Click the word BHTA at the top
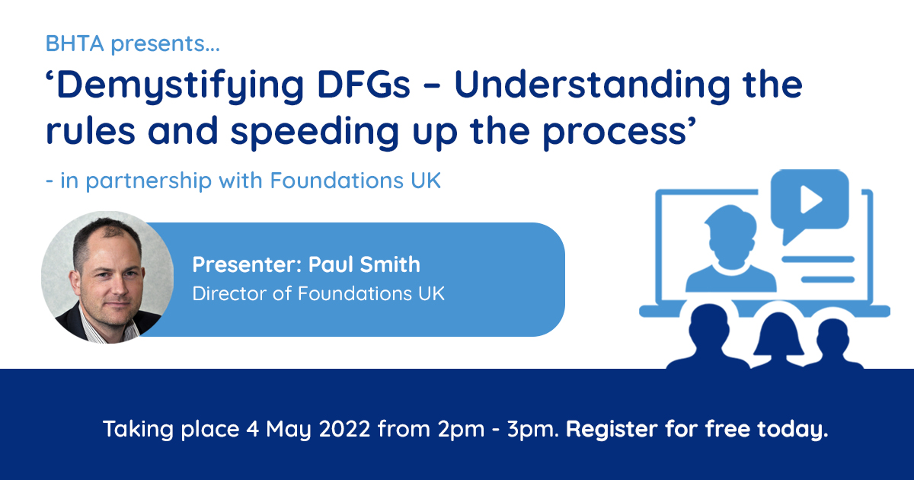(75, 43)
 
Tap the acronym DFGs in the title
(363, 85)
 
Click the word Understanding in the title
(592, 85)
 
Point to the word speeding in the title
(315, 133)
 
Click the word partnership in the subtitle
(149, 181)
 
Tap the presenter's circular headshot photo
(107, 277)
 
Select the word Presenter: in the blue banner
(248, 264)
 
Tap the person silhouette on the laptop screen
(730, 249)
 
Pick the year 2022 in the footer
(345, 429)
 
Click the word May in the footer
(289, 430)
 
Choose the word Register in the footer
(612, 430)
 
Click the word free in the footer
(727, 428)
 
